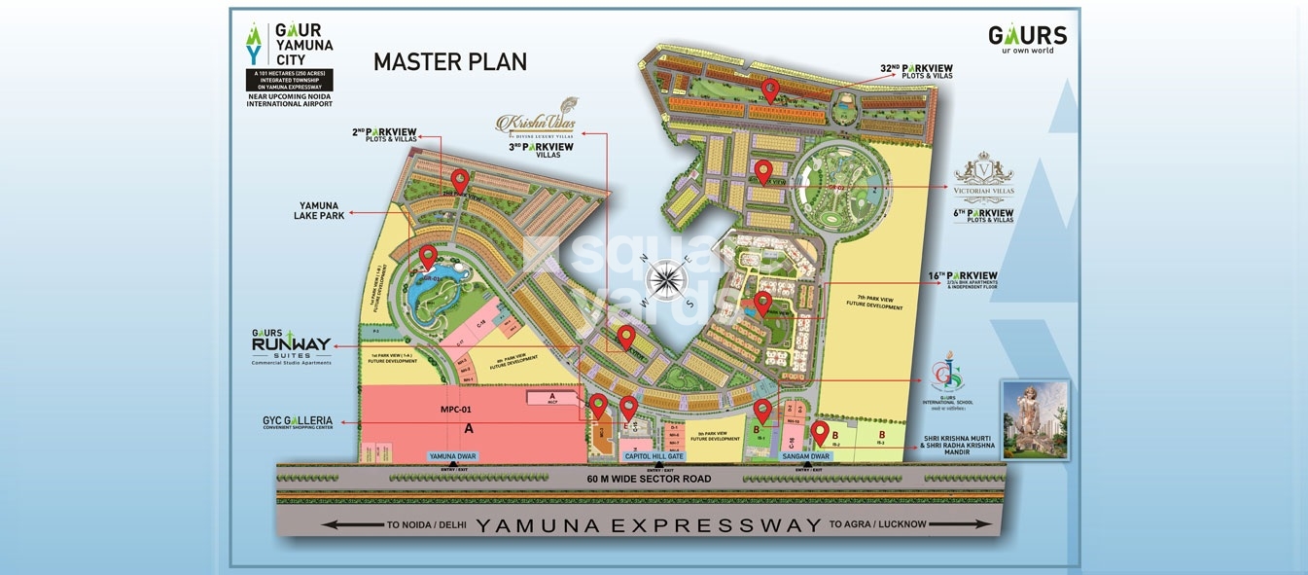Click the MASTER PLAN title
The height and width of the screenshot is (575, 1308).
pos(450,62)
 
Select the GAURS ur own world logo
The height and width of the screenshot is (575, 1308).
pos(1027,39)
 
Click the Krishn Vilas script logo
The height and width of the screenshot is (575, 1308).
pos(536,124)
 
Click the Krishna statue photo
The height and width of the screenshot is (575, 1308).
pos(1035,419)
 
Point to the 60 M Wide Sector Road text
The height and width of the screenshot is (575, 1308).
pos(649,479)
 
